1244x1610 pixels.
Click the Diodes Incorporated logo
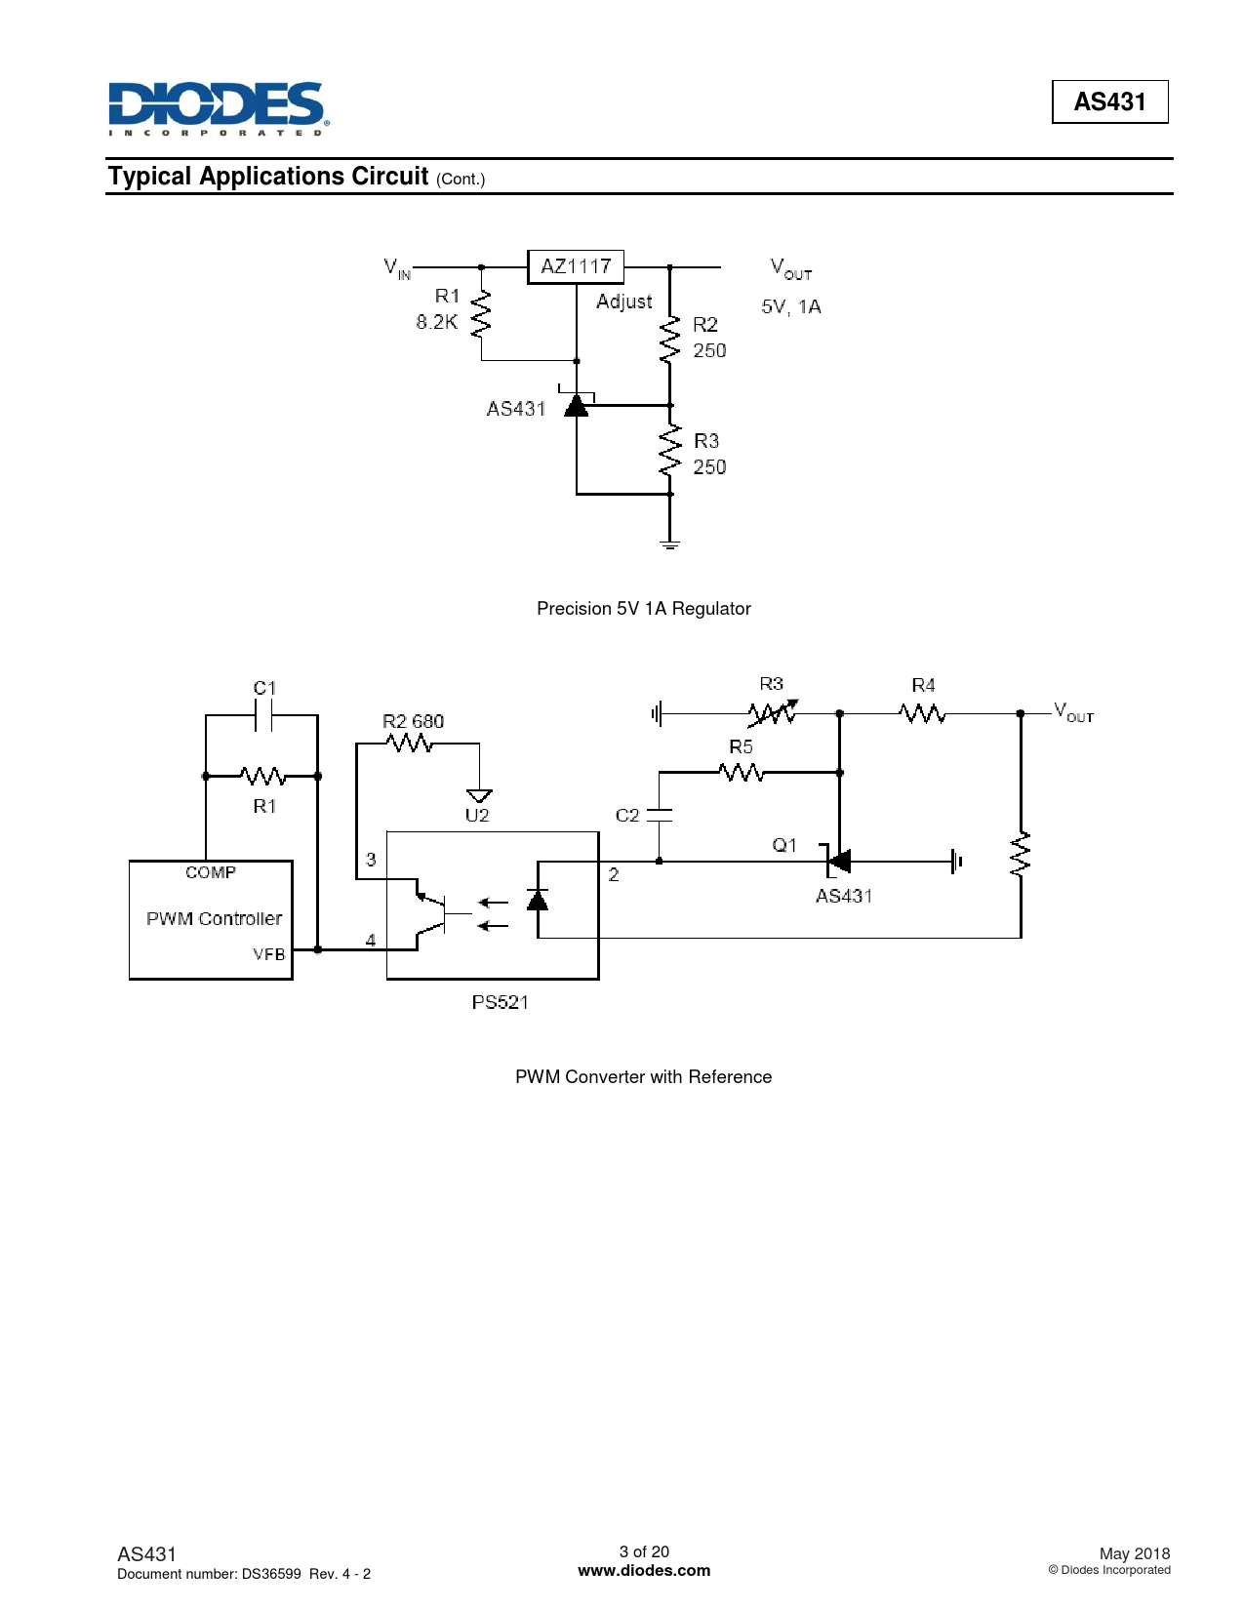(x=219, y=108)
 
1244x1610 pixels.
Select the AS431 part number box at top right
(x=1109, y=101)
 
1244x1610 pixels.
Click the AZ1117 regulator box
(x=575, y=266)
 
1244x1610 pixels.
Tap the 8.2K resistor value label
(x=436, y=322)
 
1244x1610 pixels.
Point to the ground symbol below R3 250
(x=669, y=545)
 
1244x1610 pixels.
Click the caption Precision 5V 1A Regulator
(x=643, y=608)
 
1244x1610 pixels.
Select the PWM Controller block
(x=211, y=919)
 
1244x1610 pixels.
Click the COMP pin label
(x=211, y=872)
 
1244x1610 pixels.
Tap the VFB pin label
(x=268, y=954)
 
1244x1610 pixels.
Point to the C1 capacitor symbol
(x=263, y=716)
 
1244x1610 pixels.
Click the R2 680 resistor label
(x=413, y=721)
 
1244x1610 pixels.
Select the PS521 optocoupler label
(x=501, y=1002)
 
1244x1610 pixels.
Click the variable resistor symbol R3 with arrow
(x=773, y=712)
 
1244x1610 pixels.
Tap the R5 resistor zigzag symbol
(x=742, y=773)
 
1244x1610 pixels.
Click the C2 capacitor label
(x=626, y=815)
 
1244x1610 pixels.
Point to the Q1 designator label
(x=783, y=845)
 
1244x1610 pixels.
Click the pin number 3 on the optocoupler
(x=371, y=860)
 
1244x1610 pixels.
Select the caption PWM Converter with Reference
(x=643, y=1076)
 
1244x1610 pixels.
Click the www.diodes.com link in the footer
(x=644, y=1571)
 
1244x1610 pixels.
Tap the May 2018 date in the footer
(x=1135, y=1553)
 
